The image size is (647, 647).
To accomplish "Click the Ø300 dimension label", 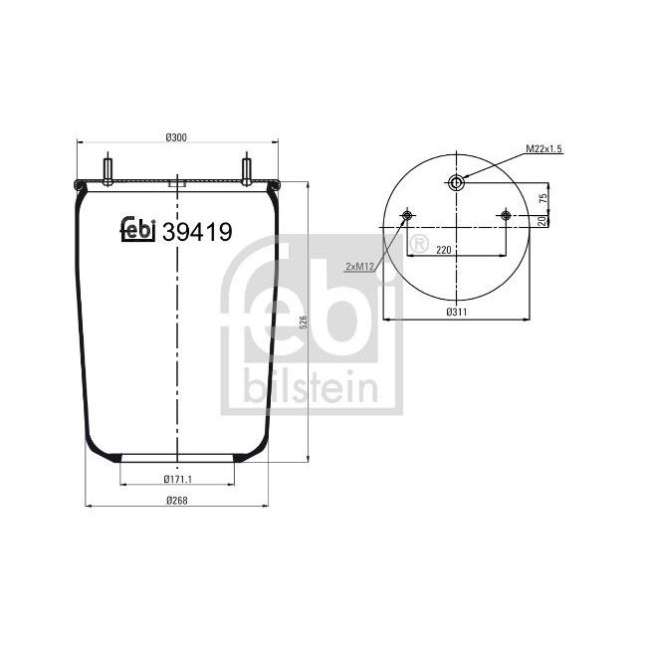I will [176, 136].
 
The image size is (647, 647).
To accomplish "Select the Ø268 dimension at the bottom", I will [176, 500].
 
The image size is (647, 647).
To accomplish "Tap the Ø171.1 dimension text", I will [176, 481].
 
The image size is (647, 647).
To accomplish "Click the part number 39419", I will [197, 232].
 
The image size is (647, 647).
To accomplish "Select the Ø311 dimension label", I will [458, 313].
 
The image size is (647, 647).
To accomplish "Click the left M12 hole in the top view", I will [407, 216].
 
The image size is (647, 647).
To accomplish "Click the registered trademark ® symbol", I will [419, 243].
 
